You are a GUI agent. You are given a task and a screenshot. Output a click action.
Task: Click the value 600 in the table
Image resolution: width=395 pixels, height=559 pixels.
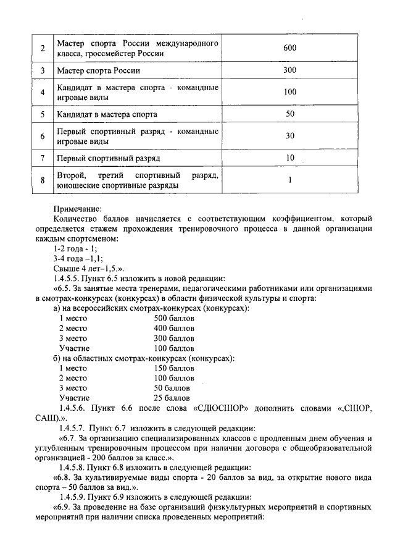coord(290,48)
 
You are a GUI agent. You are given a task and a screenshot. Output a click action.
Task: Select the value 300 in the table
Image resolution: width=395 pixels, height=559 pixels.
coord(290,70)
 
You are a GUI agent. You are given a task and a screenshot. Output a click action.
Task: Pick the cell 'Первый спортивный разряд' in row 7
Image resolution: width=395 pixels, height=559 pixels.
coord(104,158)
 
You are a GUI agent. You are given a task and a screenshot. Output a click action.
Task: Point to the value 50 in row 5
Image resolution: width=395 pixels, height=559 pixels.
coord(290,114)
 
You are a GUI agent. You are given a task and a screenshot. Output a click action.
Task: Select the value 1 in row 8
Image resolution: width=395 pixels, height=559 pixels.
coord(289,180)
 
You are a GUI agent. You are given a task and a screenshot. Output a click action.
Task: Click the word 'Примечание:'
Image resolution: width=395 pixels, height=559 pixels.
coord(78,209)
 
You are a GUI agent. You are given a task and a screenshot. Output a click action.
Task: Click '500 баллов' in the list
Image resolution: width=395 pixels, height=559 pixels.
coord(174,319)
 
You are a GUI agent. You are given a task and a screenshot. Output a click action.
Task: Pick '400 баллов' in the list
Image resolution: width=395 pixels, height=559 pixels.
coord(174,329)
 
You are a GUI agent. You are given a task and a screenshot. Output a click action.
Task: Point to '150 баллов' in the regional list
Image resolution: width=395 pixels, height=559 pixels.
coord(174,369)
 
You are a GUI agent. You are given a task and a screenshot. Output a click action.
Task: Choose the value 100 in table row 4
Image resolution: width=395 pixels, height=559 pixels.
coord(290,92)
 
